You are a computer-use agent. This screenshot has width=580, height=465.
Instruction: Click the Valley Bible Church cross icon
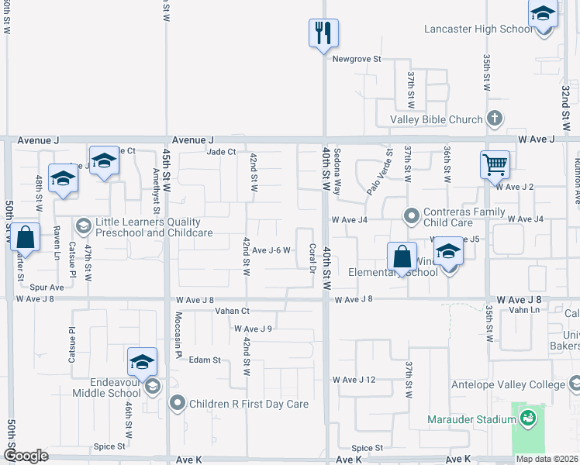(495, 119)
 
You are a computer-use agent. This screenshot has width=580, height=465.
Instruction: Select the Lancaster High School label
(478, 29)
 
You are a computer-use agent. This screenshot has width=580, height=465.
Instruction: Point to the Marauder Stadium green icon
(528, 419)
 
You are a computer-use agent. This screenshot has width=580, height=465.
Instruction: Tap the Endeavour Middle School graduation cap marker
(143, 363)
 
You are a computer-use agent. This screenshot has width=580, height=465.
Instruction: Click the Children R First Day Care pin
(178, 403)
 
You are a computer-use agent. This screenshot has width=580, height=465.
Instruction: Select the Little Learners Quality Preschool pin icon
(84, 226)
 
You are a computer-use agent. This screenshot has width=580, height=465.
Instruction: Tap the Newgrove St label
(357, 59)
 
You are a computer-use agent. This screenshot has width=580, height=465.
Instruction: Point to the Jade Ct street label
(221, 152)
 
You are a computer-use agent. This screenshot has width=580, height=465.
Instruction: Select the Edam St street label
(205, 360)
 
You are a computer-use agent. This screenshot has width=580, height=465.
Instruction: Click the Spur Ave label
(47, 288)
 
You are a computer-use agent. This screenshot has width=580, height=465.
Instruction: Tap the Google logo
(26, 456)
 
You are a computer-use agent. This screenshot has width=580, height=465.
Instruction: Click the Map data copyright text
(547, 459)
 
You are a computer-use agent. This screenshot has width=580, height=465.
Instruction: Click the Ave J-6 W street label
(271, 250)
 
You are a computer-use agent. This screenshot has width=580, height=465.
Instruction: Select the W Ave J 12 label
(354, 380)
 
